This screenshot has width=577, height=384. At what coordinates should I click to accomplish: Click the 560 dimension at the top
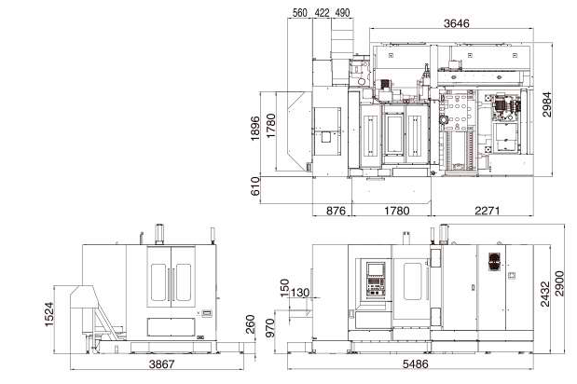pos(299,12)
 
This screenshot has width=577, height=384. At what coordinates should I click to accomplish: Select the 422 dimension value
pos(322,12)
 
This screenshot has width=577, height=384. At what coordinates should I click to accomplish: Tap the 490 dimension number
pos(342,12)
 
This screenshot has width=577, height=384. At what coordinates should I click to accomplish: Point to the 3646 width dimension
pos(457,23)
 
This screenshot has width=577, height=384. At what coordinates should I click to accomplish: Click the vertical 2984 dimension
pos(547,104)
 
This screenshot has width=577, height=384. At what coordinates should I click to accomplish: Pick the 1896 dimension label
pos(255,128)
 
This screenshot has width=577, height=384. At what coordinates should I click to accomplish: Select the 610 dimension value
pos(255,186)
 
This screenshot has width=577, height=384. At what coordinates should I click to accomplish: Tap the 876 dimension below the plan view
pos(336,211)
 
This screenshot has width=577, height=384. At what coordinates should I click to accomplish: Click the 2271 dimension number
pos(488,211)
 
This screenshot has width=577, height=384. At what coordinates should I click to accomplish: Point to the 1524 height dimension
pos(49,314)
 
